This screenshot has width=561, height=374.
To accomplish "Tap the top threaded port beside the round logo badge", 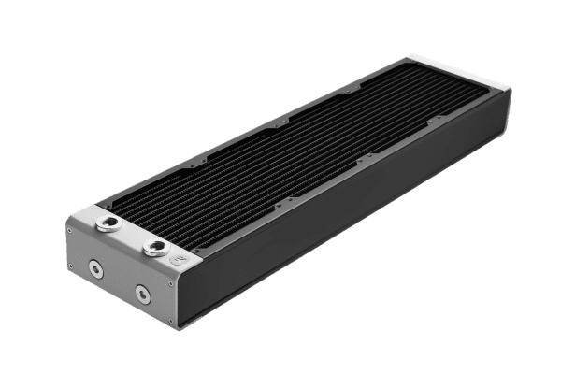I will tap(151, 249).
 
